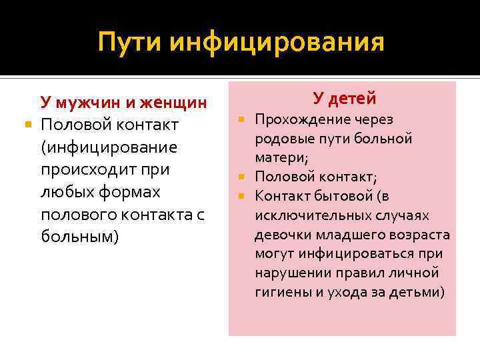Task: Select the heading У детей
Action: (345, 99)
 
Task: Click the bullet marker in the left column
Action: (26, 125)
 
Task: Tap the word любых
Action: (66, 192)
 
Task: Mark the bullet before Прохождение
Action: (242, 119)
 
